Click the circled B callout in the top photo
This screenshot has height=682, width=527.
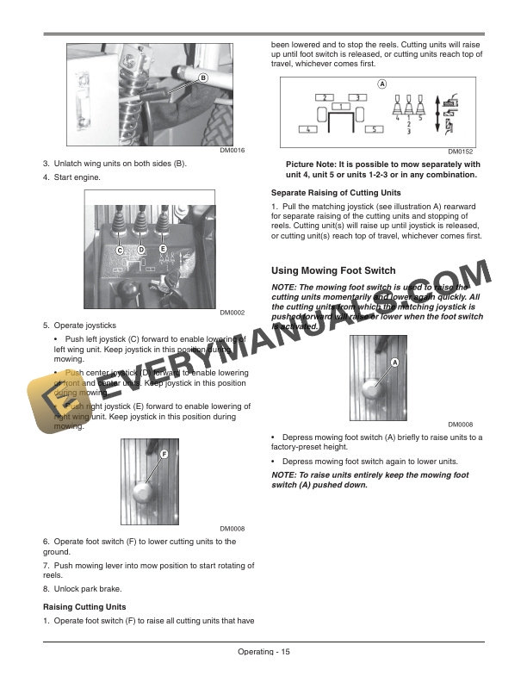[203, 77]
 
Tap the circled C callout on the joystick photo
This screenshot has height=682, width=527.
[121, 249]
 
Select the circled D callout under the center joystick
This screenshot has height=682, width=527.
[141, 249]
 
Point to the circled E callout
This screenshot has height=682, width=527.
[162, 249]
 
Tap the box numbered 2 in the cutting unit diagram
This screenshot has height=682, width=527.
[325, 97]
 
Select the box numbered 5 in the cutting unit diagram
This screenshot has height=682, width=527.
[374, 129]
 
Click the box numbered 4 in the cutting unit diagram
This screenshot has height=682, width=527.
[306, 129]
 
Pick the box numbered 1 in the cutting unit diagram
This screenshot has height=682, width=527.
[342, 107]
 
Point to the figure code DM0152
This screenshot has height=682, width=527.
[461, 151]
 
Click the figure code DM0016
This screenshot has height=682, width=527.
[232, 151]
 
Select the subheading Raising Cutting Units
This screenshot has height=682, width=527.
[84, 607]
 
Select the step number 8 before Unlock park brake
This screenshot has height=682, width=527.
[46, 588]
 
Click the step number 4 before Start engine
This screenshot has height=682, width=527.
[46, 177]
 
